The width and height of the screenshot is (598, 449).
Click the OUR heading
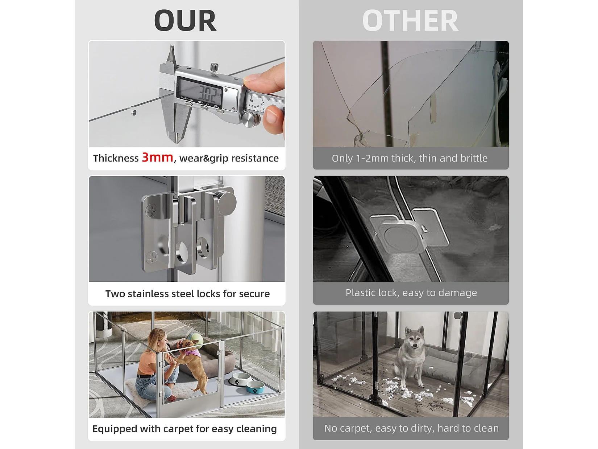[x=185, y=21]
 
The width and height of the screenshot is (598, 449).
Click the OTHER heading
[x=410, y=21]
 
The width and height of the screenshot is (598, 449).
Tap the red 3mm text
[x=157, y=158]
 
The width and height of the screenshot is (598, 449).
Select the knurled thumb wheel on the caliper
[x=251, y=119]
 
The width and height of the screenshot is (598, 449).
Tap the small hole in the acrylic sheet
[x=133, y=113]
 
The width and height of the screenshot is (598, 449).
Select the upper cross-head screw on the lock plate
[x=151, y=211]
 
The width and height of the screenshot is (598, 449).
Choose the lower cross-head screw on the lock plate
[x=152, y=258]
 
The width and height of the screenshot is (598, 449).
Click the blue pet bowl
[x=255, y=387]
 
